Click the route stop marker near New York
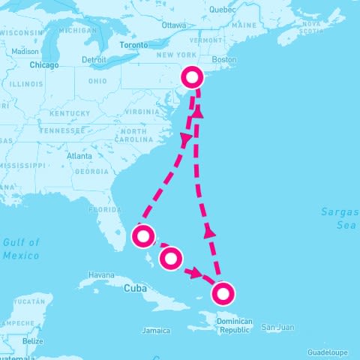[x=193, y=77]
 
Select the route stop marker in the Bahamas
[x=171, y=259]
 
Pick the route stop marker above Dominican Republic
[x=223, y=292]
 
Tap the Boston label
[x=224, y=59]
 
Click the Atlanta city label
[x=79, y=156]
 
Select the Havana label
[x=102, y=275]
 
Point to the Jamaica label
[x=155, y=330]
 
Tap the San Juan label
[x=278, y=327]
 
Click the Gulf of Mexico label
[x=20, y=249]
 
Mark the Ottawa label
[x=173, y=25]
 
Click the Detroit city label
[x=94, y=59]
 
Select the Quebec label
[x=222, y=10]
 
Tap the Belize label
[x=32, y=341]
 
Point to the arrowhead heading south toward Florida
[x=184, y=140]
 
